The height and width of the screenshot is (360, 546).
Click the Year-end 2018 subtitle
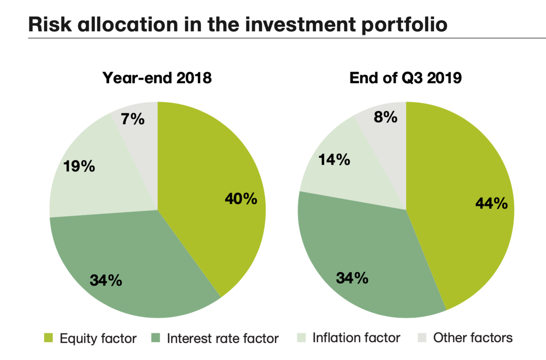click(157, 78)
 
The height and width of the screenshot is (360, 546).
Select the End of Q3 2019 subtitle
click(405, 78)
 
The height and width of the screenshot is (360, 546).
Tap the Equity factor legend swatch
click(49, 338)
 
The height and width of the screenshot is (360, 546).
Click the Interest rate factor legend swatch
click(156, 338)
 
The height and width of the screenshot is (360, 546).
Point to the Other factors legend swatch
click(422, 338)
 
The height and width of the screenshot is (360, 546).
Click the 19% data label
click(79, 166)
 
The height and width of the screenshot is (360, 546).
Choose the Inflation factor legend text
click(356, 338)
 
